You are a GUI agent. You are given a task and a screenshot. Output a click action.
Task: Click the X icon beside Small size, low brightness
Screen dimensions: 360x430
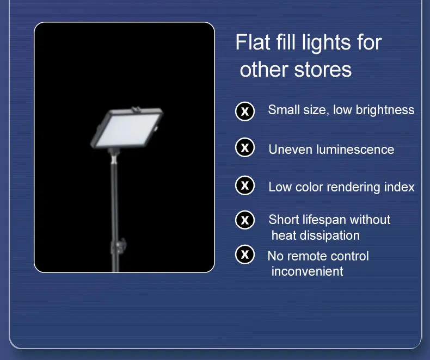(245, 111)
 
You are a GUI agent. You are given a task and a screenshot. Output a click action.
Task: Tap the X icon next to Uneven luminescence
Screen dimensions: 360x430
(245, 147)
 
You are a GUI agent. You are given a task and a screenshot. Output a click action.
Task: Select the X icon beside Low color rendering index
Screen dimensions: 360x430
(245, 185)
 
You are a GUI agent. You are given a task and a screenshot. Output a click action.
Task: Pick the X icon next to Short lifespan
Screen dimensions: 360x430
(245, 220)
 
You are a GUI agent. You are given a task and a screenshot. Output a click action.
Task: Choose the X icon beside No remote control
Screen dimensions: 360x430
(245, 254)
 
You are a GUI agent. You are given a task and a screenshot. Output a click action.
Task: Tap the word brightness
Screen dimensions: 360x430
(383, 110)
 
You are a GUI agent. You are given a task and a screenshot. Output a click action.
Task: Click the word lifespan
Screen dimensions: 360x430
(321, 220)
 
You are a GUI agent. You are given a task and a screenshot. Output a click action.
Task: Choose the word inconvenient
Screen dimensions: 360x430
(307, 271)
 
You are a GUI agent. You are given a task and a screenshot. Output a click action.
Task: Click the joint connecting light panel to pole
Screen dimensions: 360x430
(114, 157)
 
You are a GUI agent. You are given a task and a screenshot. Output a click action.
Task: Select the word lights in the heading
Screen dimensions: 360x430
(330, 43)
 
